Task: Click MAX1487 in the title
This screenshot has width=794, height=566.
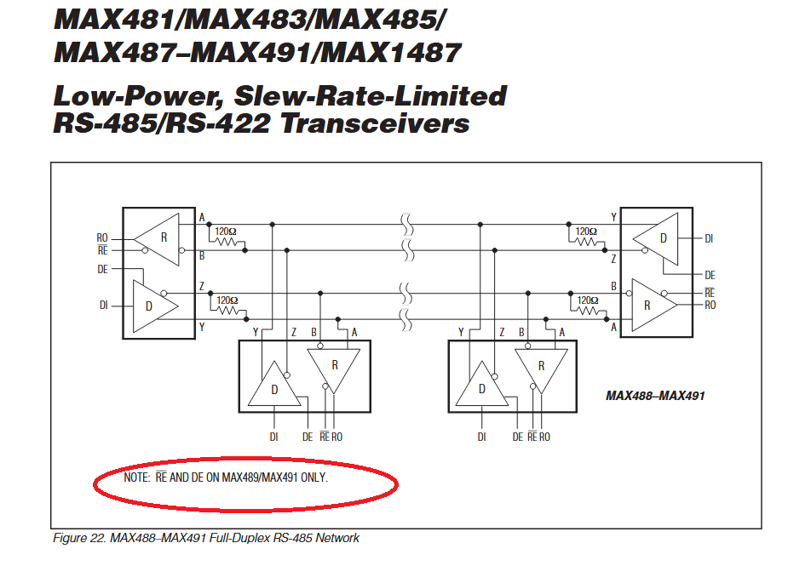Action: coord(391,53)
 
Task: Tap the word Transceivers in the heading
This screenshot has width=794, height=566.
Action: coord(375,123)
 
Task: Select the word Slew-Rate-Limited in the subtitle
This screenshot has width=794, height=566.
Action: coord(370,95)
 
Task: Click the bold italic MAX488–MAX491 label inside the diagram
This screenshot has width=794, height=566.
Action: coord(655,396)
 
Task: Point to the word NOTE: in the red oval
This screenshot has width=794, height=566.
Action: coord(136,477)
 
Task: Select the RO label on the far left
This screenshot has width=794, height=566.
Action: coord(102,237)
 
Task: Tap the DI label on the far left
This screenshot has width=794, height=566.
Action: coord(104,305)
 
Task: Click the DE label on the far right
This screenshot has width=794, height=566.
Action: coord(710,275)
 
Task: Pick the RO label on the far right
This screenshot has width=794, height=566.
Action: coord(710,305)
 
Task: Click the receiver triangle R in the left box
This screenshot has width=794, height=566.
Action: coord(157,239)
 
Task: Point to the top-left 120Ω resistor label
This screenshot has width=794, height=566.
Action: coord(226,232)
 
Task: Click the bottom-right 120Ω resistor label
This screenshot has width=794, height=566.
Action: coord(587,300)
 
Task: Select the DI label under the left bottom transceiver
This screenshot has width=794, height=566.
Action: coord(274,437)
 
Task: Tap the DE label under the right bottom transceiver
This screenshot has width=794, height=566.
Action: coord(517,437)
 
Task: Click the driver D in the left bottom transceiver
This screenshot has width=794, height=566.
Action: coord(274,383)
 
